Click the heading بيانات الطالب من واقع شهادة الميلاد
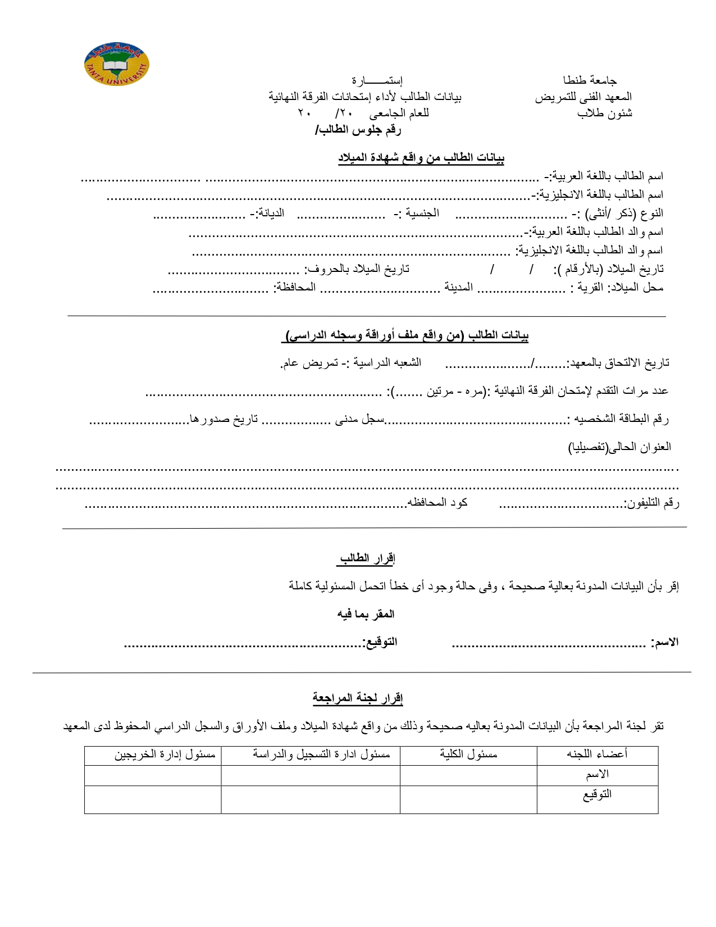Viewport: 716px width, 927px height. coord(421,158)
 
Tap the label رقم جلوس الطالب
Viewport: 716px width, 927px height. coord(359,130)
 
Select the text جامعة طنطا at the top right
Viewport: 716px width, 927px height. coord(590,80)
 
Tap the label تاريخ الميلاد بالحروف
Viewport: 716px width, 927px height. coord(357,269)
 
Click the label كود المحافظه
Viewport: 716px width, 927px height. coord(438,502)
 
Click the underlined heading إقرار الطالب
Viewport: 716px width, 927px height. coord(367,558)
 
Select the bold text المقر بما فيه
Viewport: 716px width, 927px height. coord(366,614)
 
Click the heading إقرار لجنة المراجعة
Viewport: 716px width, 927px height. coord(358,698)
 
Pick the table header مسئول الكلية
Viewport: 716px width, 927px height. coord(468,755)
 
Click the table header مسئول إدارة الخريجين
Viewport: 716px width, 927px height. coord(165,755)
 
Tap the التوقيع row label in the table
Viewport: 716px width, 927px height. coord(597,794)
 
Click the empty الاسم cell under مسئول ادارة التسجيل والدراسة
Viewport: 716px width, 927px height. coord(311,775)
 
